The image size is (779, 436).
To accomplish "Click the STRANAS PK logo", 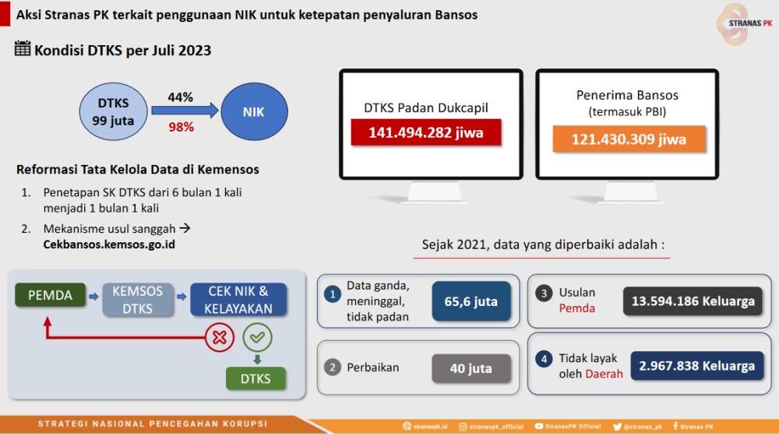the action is (x=744, y=23).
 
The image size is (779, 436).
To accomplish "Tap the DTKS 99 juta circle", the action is (x=113, y=111).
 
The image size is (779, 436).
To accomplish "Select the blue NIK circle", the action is (x=254, y=111).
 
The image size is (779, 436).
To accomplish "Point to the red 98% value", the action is (x=181, y=127).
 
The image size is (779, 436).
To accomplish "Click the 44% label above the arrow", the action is (x=180, y=97).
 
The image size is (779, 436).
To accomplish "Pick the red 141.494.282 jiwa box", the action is (x=426, y=132).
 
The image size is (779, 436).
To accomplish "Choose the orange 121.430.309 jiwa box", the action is (x=629, y=139).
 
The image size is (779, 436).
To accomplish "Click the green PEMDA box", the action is (x=50, y=295).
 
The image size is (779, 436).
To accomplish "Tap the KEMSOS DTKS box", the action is (x=138, y=300).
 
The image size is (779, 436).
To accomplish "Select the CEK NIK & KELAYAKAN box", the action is (x=238, y=300).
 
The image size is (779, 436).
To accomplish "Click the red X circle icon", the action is (x=219, y=338).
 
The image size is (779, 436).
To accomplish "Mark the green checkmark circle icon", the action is (x=257, y=337).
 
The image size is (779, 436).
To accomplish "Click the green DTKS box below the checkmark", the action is (x=256, y=378).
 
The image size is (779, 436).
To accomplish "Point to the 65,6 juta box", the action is (x=471, y=301).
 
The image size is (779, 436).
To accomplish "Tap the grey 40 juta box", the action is (x=471, y=368).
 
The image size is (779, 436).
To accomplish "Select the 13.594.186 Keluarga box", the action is (x=693, y=301).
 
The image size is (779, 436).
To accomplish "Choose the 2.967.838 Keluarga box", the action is (x=696, y=366).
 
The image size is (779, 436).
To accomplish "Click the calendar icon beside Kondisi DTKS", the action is (x=23, y=49).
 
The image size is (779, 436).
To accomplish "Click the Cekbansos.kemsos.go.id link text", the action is (x=109, y=244).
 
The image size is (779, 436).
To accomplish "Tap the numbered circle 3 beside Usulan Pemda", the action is (x=544, y=293).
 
